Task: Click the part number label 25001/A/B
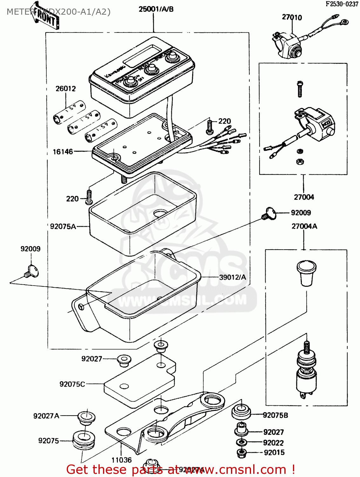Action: click(x=156, y=9)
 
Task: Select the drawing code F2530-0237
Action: click(x=342, y=4)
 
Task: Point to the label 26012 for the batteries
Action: click(x=66, y=89)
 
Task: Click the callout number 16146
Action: click(x=63, y=152)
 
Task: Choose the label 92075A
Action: click(x=63, y=226)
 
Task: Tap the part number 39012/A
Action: click(x=233, y=277)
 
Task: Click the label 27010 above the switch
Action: click(x=292, y=17)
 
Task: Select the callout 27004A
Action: click(x=304, y=226)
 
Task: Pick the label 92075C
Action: click(x=72, y=384)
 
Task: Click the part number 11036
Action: click(x=121, y=460)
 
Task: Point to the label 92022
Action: click(x=273, y=443)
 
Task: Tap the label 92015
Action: click(x=274, y=453)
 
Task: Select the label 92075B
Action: click(x=275, y=415)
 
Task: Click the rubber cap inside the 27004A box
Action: click(x=306, y=272)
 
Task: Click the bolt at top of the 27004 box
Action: click(x=300, y=89)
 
